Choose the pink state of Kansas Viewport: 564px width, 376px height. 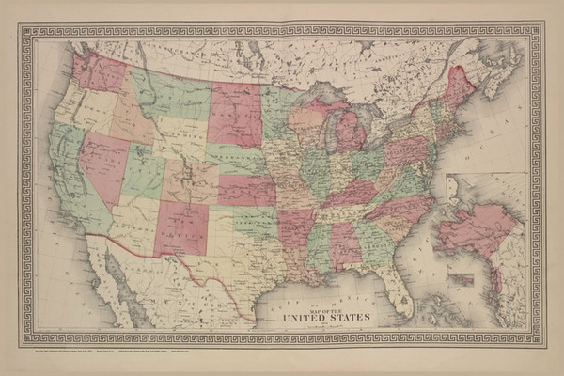point(247,189)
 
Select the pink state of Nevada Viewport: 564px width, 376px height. point(102,160)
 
